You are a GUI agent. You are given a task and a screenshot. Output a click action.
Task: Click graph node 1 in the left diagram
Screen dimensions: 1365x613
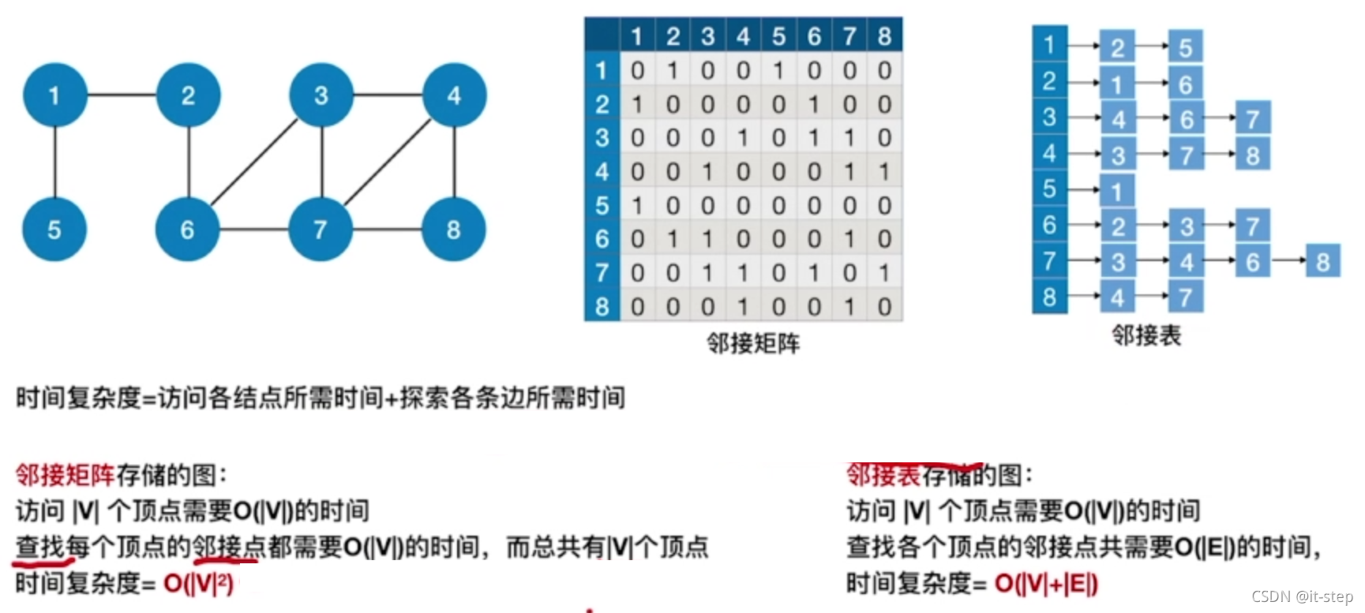coord(54,95)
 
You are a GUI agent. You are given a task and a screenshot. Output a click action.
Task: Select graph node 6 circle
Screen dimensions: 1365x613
coord(188,230)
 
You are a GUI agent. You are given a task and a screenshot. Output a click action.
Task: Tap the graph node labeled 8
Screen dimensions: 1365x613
coord(454,230)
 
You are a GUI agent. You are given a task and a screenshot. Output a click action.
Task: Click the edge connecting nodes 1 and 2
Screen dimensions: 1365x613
coord(122,95)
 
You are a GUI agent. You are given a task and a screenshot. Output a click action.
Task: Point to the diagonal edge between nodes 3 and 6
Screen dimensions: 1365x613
coord(254,162)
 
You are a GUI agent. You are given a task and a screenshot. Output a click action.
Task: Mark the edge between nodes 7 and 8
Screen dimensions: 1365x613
coord(388,230)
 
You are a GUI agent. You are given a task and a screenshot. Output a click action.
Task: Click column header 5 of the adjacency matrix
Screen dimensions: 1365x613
coord(778,36)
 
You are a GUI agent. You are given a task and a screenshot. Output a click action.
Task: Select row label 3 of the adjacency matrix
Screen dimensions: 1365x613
coord(602,138)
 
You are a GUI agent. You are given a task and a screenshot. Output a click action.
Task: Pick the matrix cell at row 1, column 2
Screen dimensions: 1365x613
coord(673,71)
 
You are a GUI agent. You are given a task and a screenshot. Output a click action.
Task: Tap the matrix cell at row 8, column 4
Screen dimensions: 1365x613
coord(743,307)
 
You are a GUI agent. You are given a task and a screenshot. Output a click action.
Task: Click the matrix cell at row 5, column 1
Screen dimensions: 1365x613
coord(637,206)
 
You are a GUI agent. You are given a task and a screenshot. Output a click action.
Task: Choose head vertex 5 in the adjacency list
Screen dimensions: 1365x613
coord(1049,189)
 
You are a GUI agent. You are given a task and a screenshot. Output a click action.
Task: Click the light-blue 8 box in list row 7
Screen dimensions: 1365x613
coord(1323,261)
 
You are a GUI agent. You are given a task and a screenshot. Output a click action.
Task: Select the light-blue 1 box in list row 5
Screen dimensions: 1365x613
coord(1117,191)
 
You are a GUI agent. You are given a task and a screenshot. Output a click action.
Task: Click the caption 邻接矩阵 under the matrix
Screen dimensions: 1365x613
coord(753,344)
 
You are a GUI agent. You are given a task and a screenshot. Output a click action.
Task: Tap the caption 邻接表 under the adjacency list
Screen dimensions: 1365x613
coord(1146,336)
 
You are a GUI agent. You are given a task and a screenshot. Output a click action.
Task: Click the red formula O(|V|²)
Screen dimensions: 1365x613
coord(198,584)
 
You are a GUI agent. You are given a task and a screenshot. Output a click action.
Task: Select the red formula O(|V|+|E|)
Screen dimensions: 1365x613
coord(1046,584)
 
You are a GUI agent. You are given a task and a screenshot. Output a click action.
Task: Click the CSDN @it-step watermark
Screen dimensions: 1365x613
coord(1302,596)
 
